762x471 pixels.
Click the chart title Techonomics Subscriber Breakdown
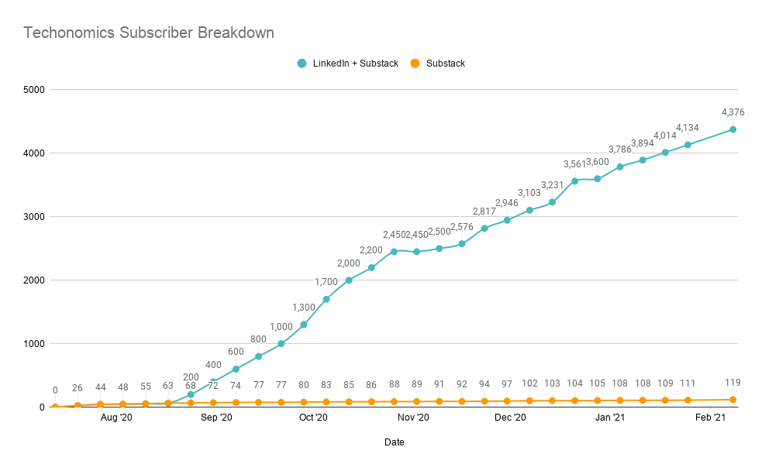coord(148,33)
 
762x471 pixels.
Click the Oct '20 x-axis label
coord(314,418)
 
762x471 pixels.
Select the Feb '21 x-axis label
coord(710,418)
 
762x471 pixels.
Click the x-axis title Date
coord(394,442)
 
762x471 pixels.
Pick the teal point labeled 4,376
coord(733,129)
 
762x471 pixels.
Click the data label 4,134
coord(688,128)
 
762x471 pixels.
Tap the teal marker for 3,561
coord(574,181)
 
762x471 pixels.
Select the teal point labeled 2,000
coord(349,280)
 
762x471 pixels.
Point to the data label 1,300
coord(303,308)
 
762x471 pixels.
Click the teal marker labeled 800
coord(258,356)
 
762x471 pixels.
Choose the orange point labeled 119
coord(733,400)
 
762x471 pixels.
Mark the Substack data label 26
coord(78,387)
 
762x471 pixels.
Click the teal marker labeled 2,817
coord(484,228)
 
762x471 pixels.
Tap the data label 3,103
coord(529,193)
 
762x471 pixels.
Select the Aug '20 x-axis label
coord(116,418)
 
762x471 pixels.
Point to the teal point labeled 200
coord(191,394)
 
